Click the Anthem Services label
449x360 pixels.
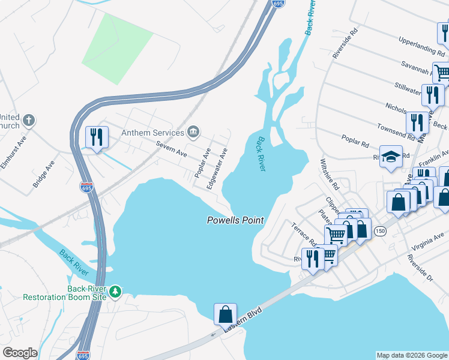(x=152, y=133)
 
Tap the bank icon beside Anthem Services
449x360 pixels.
(x=194, y=131)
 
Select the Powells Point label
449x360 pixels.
(x=235, y=220)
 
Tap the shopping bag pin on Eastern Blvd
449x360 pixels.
(x=225, y=314)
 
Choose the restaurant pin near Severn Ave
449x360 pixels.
(x=96, y=137)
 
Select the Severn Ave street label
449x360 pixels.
(x=172, y=149)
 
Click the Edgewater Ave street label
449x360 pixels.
(x=217, y=169)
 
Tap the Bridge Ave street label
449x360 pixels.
(x=44, y=173)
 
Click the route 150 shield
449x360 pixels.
(x=379, y=232)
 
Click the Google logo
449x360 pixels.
(x=20, y=353)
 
